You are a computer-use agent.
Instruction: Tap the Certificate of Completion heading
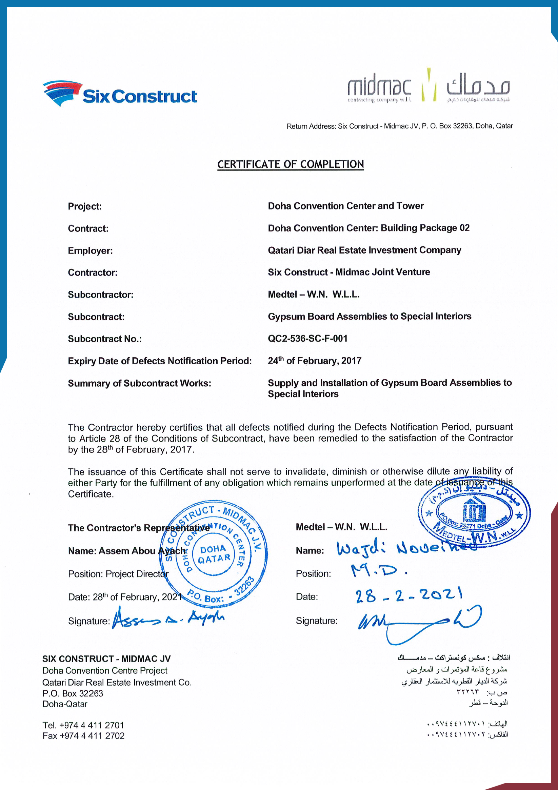(291, 164)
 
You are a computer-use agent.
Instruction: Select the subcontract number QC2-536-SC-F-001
(307, 339)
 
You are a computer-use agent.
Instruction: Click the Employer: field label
(90, 250)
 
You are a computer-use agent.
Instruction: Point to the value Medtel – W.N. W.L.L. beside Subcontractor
(314, 295)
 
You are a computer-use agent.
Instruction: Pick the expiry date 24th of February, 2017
(314, 361)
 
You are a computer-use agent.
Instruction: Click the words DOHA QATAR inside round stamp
(214, 554)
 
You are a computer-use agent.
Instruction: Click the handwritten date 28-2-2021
(408, 595)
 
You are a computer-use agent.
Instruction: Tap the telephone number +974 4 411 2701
(92, 725)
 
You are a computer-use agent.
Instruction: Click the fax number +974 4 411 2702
(92, 736)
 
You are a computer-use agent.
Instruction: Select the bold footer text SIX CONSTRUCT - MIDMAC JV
(106, 659)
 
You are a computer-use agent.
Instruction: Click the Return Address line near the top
(399, 126)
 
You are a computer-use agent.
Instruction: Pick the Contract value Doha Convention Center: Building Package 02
(368, 228)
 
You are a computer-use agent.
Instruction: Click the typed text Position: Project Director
(118, 574)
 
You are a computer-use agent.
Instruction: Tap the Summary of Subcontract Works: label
(139, 383)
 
